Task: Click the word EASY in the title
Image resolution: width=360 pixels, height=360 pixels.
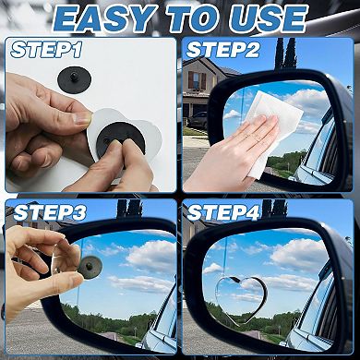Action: [102, 18]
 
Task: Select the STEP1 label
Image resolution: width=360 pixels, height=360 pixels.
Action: [45, 50]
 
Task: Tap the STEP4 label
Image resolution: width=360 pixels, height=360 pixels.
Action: [224, 212]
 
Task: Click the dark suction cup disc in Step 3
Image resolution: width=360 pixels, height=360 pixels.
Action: [91, 266]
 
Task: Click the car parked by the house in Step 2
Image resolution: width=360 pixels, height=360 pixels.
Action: [198, 119]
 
